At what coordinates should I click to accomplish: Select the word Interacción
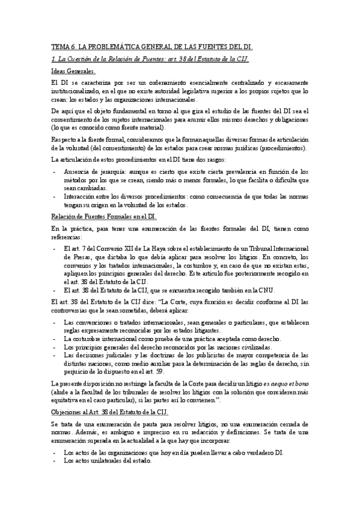pos(80,196)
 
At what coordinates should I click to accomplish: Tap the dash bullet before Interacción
pos(55,196)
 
